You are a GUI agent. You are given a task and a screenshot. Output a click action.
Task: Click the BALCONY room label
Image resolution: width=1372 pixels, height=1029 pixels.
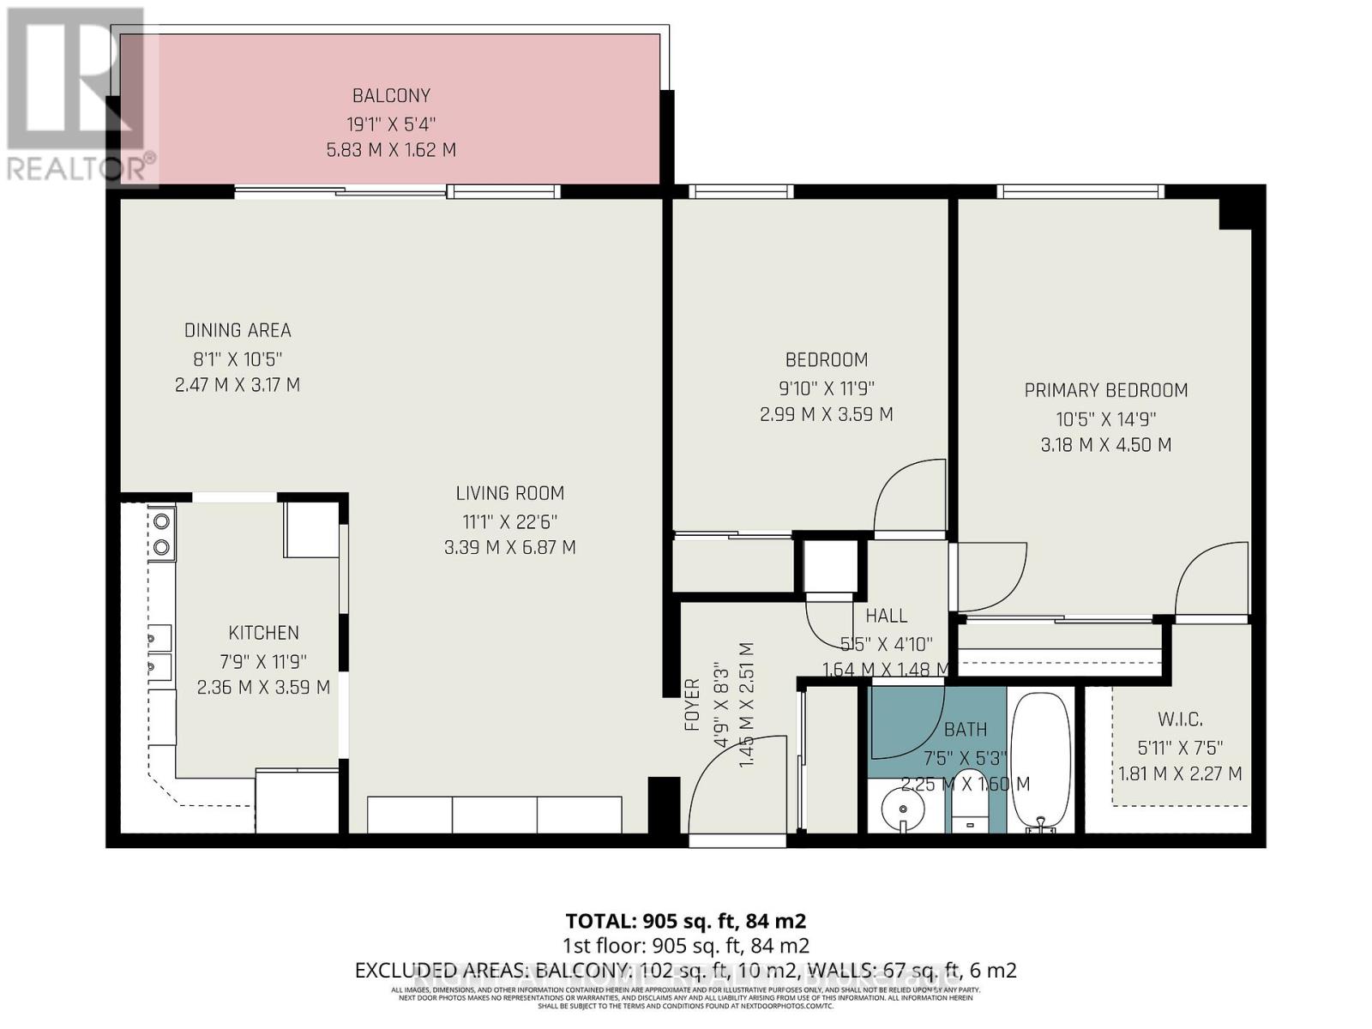click(391, 96)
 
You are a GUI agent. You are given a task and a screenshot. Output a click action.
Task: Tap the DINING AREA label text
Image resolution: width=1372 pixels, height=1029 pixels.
click(238, 330)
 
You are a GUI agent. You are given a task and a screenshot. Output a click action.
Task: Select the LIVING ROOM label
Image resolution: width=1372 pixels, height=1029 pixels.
click(509, 493)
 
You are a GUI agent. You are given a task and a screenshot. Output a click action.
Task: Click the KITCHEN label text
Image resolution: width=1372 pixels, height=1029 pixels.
click(263, 633)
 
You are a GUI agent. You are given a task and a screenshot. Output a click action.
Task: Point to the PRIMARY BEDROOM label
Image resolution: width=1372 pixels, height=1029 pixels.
click(1105, 390)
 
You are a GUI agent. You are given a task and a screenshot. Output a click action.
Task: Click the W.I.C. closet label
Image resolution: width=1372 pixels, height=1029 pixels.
click(1180, 719)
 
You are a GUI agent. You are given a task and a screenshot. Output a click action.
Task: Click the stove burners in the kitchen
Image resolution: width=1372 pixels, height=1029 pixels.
click(161, 533)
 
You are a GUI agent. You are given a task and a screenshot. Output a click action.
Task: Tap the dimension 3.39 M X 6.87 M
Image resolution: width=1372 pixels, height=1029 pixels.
click(509, 547)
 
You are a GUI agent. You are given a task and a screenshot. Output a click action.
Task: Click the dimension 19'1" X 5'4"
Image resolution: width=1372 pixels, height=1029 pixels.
click(391, 123)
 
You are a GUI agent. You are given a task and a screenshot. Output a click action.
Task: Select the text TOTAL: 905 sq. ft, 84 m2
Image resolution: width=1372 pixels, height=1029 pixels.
click(685, 921)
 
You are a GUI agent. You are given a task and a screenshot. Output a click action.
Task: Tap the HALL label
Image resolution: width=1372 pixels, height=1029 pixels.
click(886, 616)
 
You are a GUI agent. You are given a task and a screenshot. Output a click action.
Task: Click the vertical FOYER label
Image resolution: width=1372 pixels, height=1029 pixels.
click(692, 705)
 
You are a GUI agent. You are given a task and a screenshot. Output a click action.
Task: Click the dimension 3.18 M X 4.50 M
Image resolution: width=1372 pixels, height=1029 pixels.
click(1105, 444)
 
